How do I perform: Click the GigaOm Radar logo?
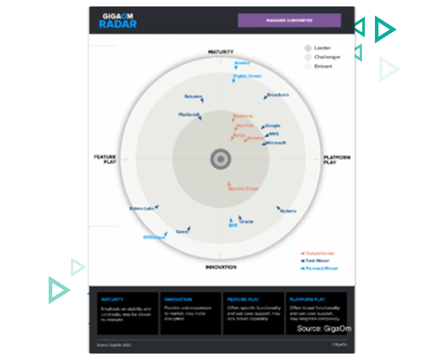coord(118,21)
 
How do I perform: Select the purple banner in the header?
coord(289,20)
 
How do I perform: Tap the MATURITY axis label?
coord(221,52)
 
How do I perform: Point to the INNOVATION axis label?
coord(221,267)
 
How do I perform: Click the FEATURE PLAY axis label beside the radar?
coord(105,159)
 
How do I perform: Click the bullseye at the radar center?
coord(221,159)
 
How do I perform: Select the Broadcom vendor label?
coord(278,95)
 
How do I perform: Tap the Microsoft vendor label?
coord(276,143)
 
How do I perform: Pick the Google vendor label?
coord(272,126)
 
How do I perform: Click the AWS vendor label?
coord(273,134)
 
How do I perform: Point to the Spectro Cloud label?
coord(243,189)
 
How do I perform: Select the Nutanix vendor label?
coord(288,211)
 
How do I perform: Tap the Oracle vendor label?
coord(246,222)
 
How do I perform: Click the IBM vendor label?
coord(233,225)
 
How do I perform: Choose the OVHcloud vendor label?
coord(154,237)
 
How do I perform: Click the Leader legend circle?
coord(308,48)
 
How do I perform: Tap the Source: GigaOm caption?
coord(324,329)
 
